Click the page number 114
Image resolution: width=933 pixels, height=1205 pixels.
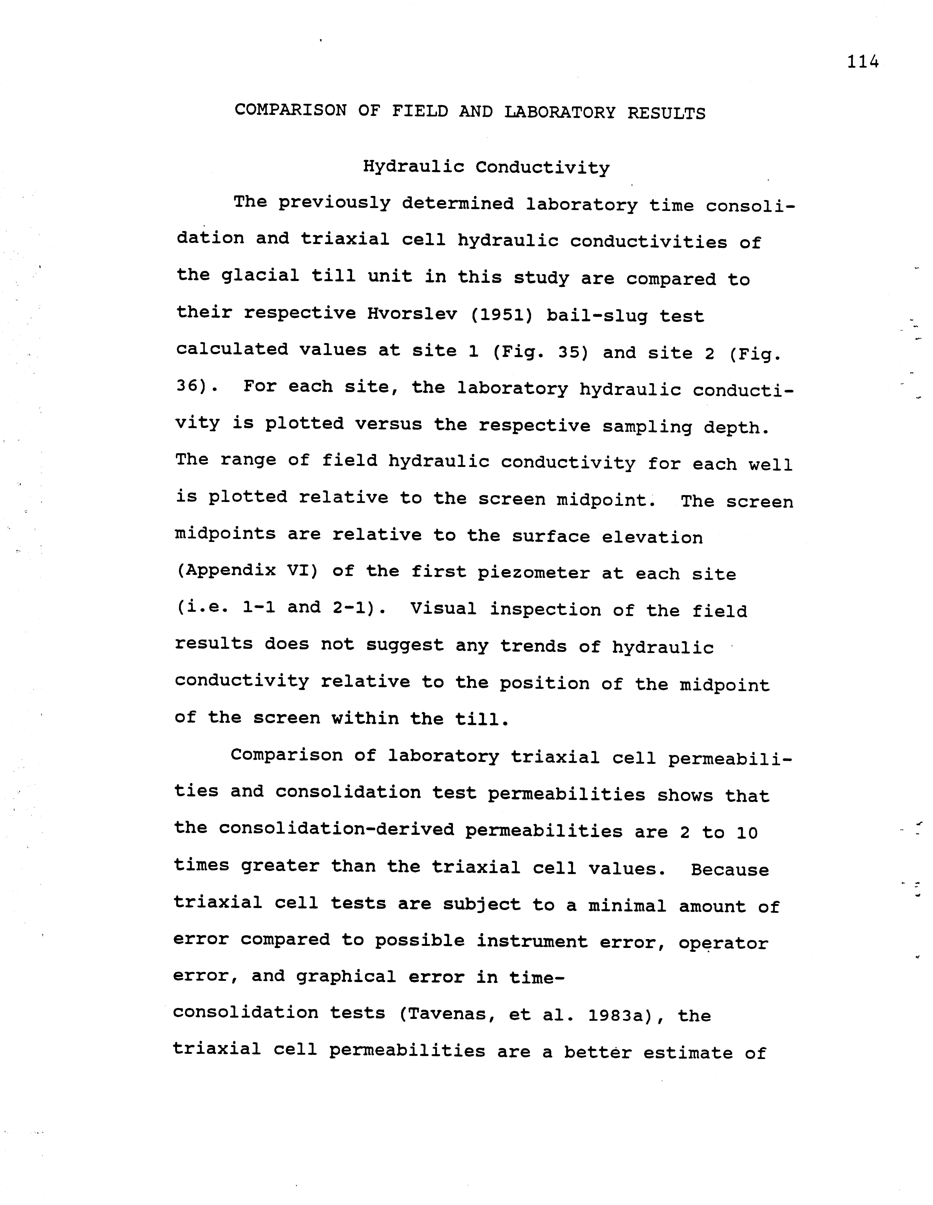tap(862, 62)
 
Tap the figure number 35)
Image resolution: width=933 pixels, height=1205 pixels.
tap(573, 352)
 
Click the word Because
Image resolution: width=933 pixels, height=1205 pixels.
tap(730, 870)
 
